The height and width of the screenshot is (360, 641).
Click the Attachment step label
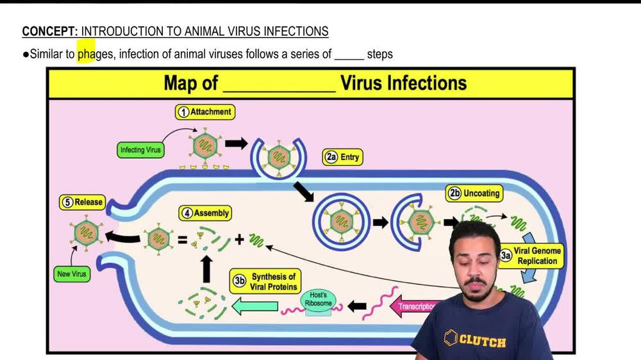204,112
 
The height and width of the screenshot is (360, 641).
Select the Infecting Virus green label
140,151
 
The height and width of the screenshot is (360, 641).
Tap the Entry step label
343,157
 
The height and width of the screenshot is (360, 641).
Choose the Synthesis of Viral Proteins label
265,282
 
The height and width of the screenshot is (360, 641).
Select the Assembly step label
204,213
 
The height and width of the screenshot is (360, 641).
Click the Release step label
82,202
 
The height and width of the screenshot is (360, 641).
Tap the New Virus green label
71,274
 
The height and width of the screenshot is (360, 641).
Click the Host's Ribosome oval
319,299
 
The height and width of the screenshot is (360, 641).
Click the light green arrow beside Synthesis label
254,307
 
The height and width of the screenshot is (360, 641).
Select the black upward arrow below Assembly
206,270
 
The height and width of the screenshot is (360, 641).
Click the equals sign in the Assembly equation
182,240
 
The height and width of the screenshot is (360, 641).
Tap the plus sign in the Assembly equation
239,240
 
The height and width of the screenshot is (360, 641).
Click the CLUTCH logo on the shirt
474,340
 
